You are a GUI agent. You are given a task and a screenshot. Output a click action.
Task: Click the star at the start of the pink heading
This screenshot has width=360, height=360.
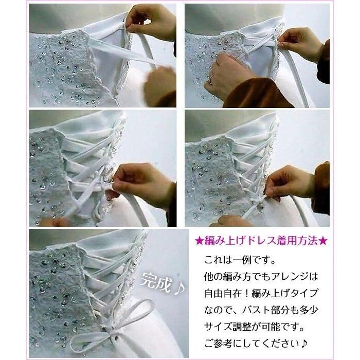(x=199, y=240)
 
